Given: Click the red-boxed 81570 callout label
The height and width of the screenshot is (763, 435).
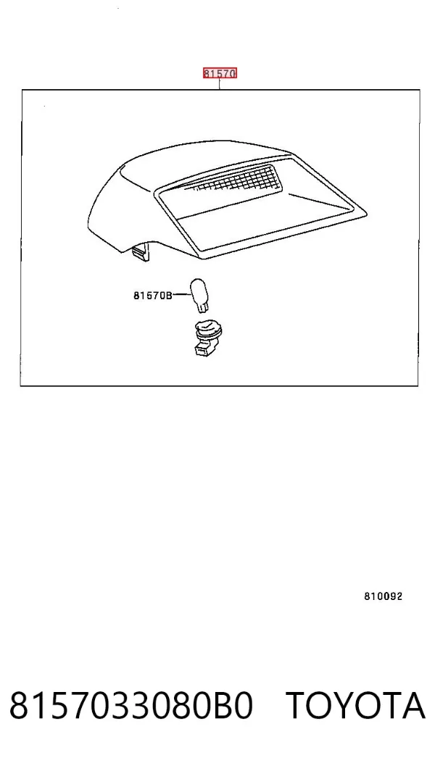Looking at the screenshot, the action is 220,73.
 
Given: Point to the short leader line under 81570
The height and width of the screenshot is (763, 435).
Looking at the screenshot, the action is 220,84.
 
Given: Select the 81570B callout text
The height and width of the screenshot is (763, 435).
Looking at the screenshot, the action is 153,295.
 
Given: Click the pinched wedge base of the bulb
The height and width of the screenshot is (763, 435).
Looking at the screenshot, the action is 201,307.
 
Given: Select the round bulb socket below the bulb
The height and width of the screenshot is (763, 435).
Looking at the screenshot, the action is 207,331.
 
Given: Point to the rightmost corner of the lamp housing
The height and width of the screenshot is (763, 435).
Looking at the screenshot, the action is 366,212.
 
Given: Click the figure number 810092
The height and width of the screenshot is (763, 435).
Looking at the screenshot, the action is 384,596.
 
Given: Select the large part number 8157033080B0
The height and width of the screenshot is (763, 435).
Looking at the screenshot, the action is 131,706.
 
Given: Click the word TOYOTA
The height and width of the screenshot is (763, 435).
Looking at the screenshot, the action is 355,706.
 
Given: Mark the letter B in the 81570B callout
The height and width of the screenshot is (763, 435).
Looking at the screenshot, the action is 169,295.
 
